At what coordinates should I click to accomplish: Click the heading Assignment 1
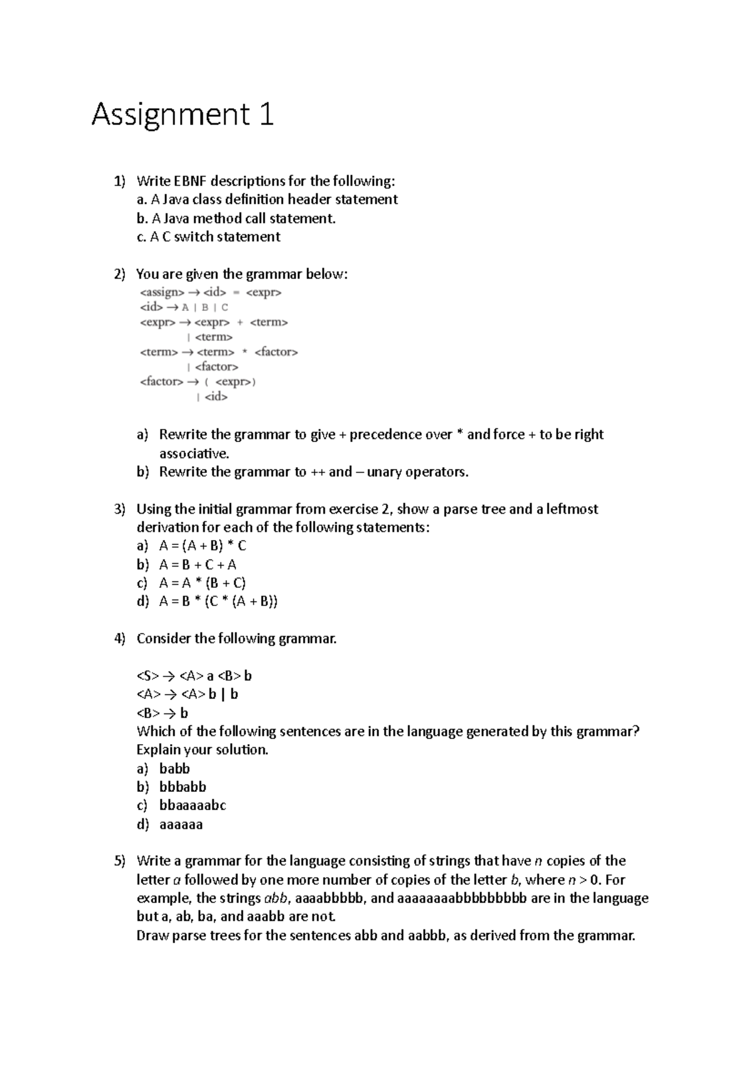tap(182, 115)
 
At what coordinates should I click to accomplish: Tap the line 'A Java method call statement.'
tap(236, 219)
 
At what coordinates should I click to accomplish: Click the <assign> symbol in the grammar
tap(161, 293)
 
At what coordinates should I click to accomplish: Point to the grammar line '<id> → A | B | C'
tap(184, 308)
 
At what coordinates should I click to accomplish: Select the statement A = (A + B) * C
tap(203, 546)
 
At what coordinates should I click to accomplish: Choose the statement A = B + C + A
tap(198, 565)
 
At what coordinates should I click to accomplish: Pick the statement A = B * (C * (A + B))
tap(218, 602)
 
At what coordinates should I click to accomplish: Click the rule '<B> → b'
tap(162, 713)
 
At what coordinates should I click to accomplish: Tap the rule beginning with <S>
tap(194, 676)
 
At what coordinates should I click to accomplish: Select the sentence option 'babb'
tap(174, 769)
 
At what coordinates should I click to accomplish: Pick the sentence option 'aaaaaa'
tap(181, 824)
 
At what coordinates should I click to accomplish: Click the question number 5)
tap(120, 861)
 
